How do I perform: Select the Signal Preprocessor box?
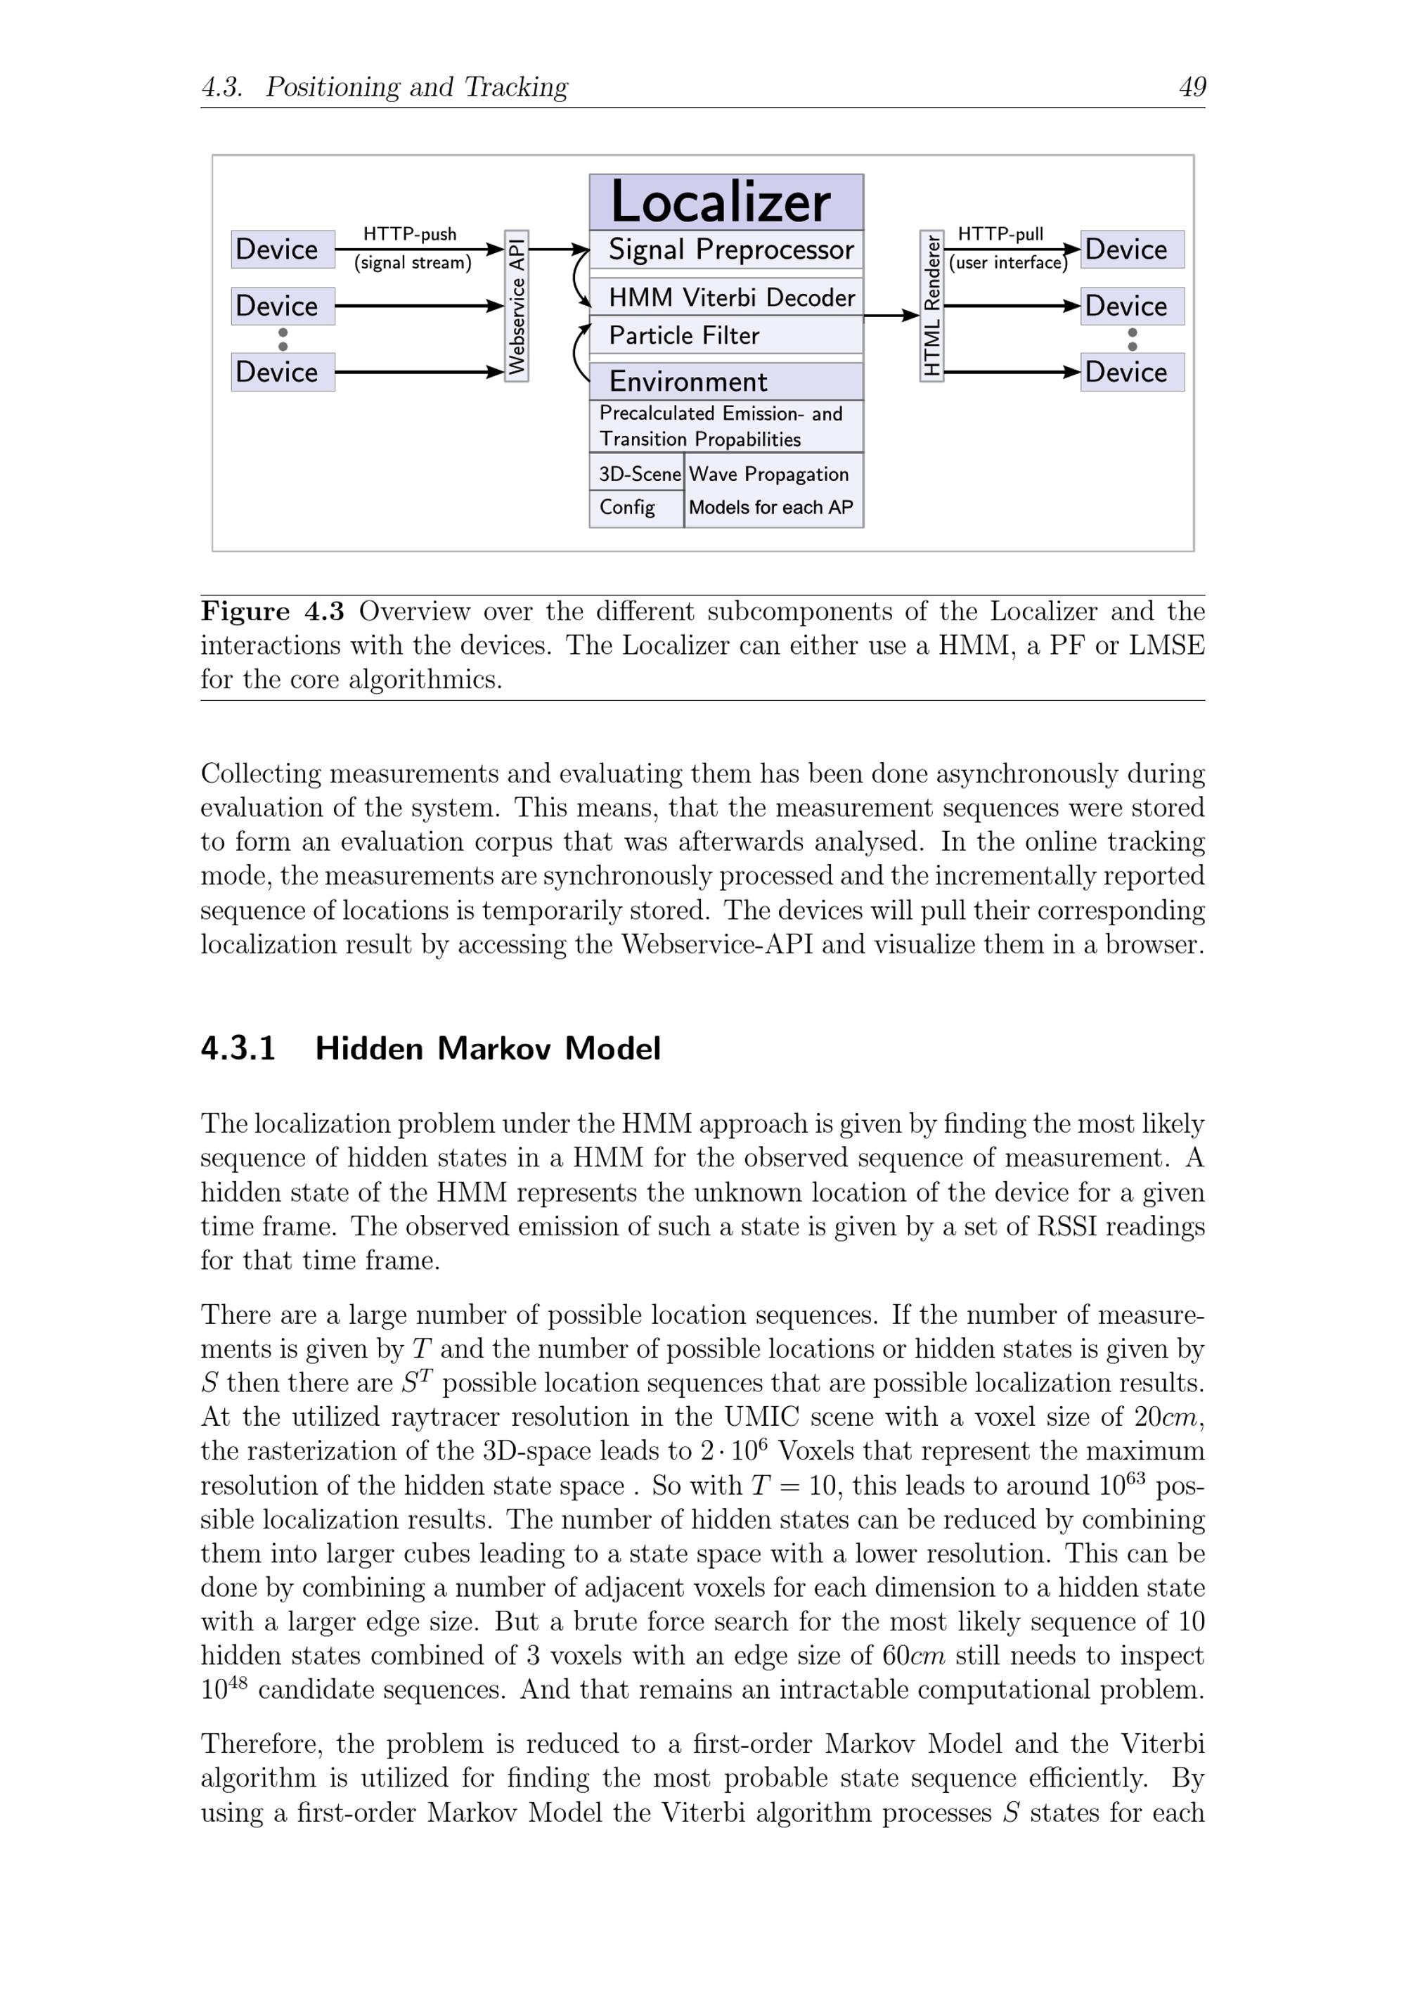(x=726, y=250)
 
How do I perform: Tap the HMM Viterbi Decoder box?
(x=726, y=297)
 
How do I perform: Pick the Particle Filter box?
(x=726, y=335)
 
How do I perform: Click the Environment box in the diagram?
(x=726, y=381)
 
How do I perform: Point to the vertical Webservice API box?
(x=516, y=306)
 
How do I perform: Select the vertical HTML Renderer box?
(x=931, y=306)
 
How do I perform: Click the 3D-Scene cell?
(x=638, y=474)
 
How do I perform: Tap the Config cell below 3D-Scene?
(x=637, y=508)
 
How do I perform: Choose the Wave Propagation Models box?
(x=772, y=490)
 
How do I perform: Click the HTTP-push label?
(x=409, y=234)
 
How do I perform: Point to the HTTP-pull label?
(x=1000, y=234)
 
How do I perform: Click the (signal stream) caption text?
(x=413, y=262)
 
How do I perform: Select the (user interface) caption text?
(x=1007, y=262)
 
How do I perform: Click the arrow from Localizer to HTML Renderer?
(x=891, y=315)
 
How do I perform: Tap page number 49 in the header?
(x=1192, y=86)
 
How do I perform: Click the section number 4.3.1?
(x=238, y=1048)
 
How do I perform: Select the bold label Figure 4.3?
(x=272, y=611)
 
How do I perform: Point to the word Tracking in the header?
(x=515, y=86)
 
